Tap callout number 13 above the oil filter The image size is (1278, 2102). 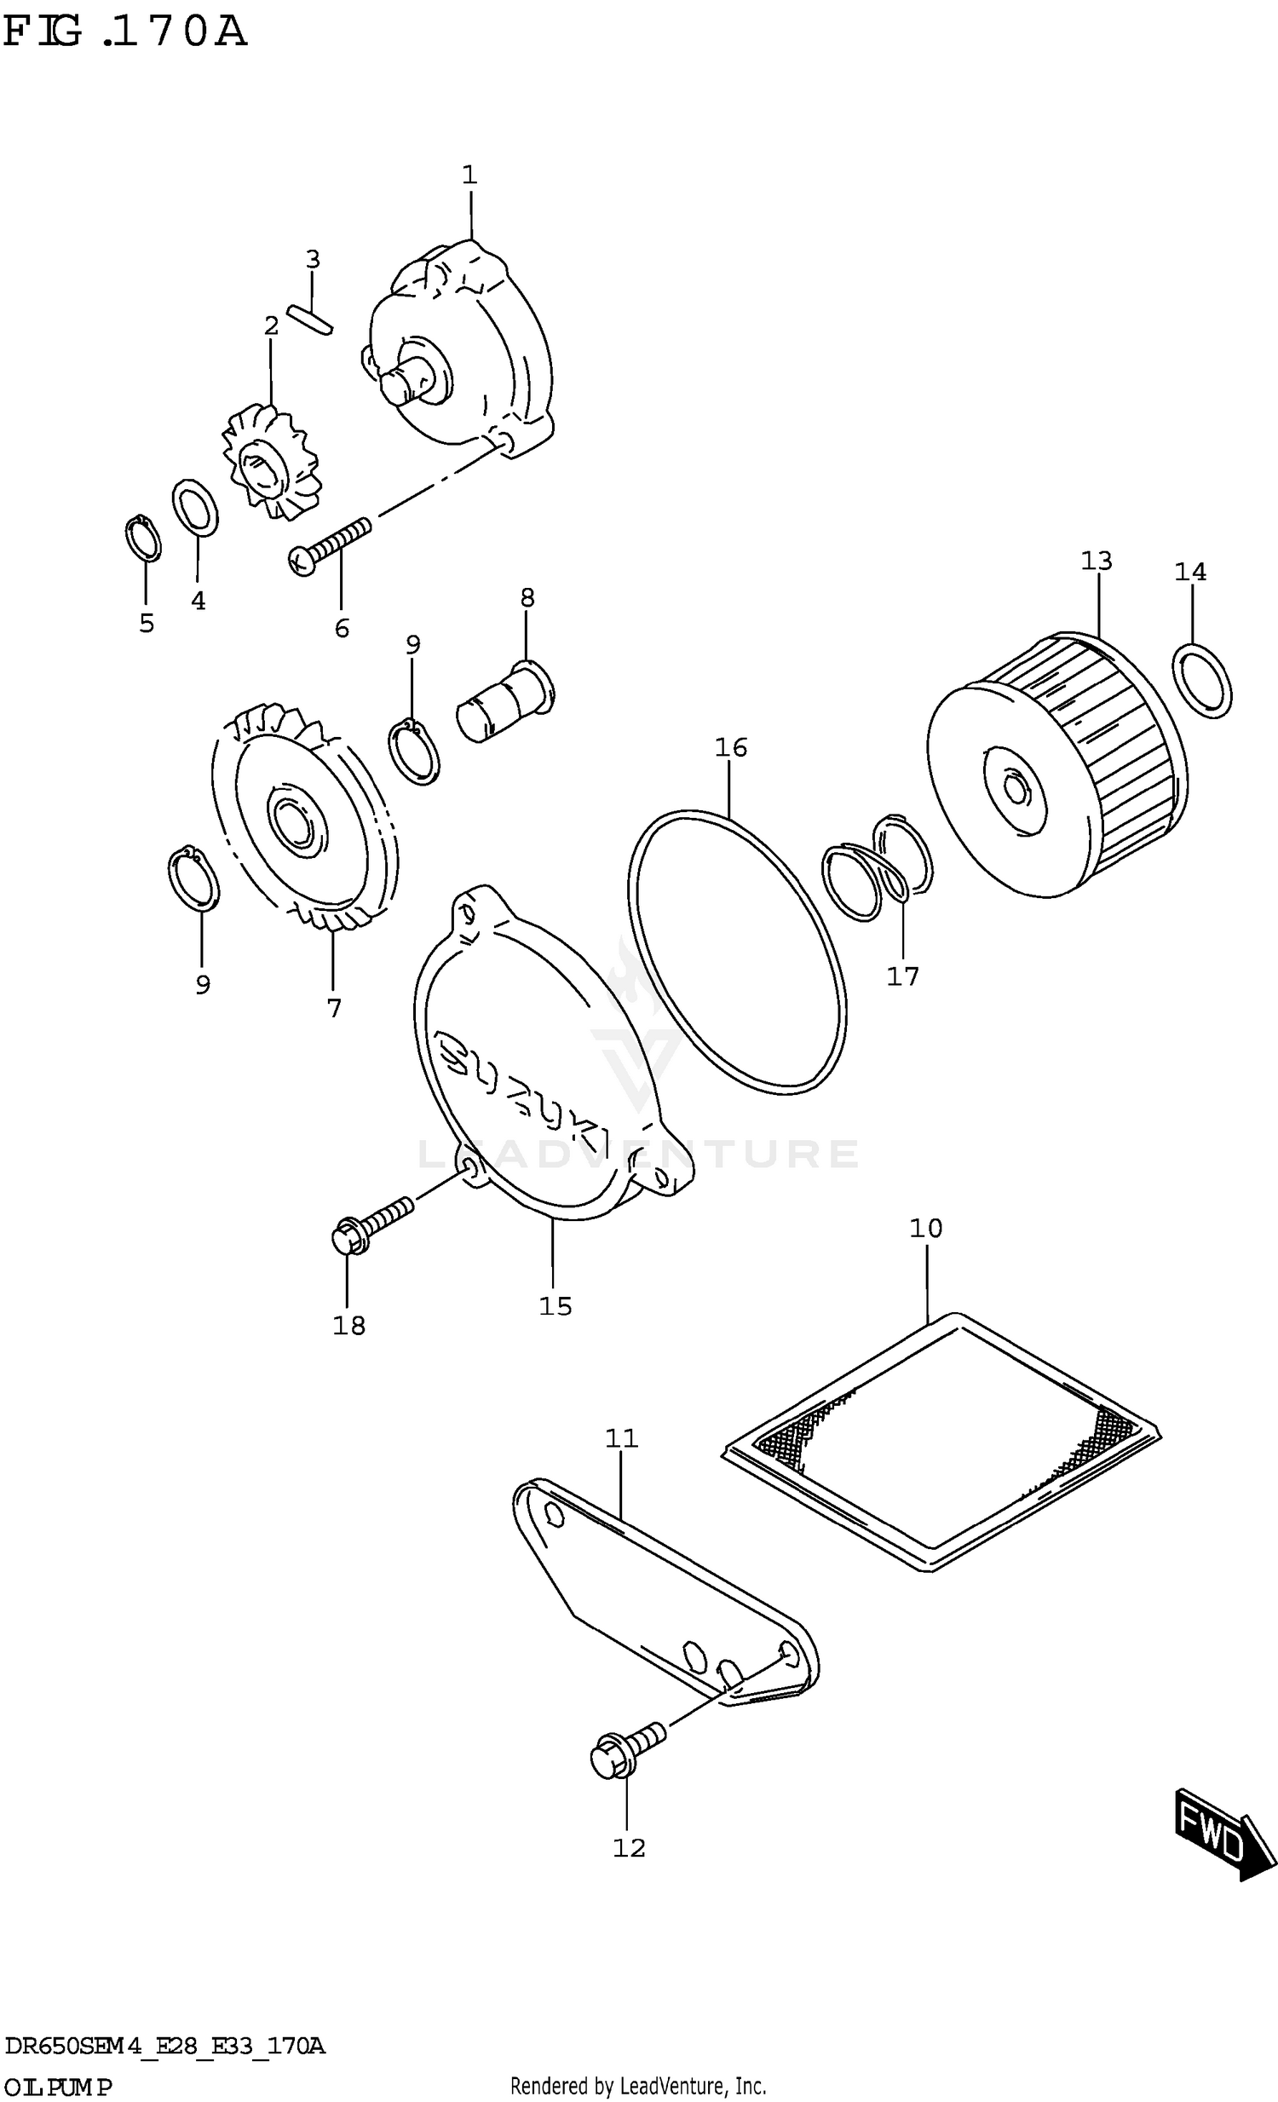(1096, 561)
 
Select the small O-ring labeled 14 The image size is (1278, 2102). (1202, 682)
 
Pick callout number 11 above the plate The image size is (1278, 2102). (621, 1438)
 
